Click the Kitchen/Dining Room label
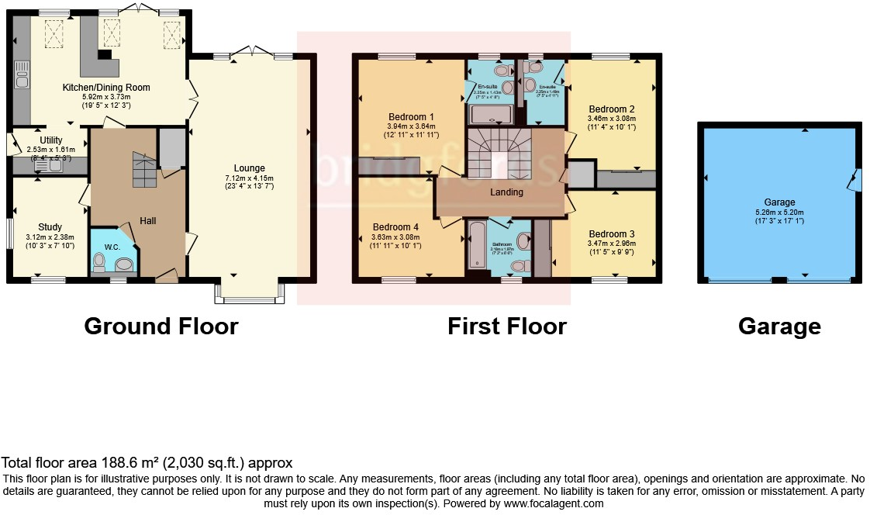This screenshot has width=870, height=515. pos(106,88)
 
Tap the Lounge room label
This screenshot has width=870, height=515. pos(250,168)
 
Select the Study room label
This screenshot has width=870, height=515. pos(50,227)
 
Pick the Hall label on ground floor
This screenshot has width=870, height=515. pos(148,221)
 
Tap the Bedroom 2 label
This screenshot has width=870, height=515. pos(612,109)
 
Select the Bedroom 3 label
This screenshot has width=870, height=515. pos(612,234)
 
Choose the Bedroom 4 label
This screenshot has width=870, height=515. pos(395,227)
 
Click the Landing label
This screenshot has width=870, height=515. pos(507,192)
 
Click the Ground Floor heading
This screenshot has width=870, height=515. pos(161,327)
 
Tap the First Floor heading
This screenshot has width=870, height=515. pos(506,327)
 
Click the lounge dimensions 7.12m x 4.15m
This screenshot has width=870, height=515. pos(250,178)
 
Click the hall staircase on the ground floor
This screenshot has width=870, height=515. pos(144,170)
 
